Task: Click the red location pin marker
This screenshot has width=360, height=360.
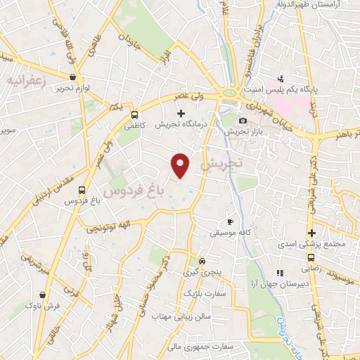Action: pos(181,165)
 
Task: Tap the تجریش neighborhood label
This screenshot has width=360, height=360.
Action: pos(220,164)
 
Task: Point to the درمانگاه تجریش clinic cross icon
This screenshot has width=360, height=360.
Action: pos(181,112)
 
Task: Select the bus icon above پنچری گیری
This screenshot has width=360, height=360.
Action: pos(202,259)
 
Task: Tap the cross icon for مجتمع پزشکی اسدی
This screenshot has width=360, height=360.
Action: pos(311,233)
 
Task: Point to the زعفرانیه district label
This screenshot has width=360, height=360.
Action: pos(26,82)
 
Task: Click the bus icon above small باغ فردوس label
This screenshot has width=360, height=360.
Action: pos(82,190)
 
